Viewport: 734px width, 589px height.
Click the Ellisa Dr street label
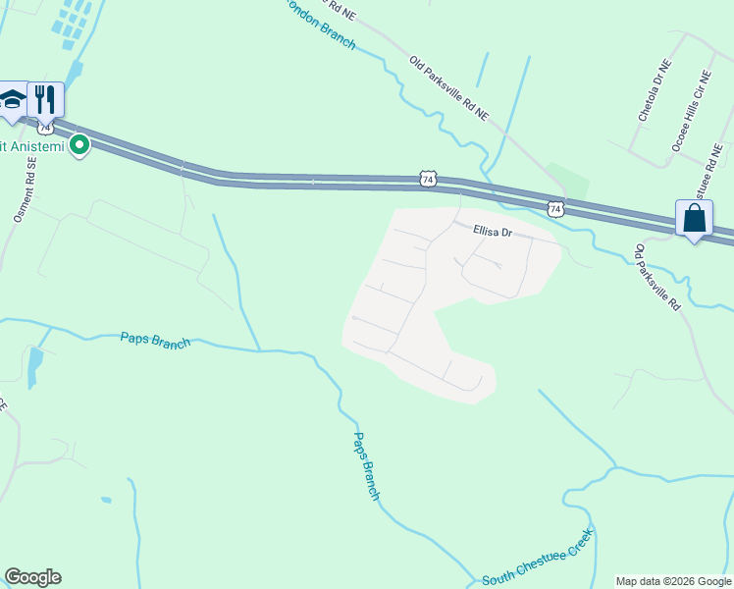(493, 232)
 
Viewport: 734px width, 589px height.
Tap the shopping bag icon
(694, 218)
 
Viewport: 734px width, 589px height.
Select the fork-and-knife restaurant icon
(45, 98)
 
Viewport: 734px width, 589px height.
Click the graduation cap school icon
(12, 100)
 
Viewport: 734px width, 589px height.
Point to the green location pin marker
(79, 146)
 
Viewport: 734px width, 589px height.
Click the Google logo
(32, 577)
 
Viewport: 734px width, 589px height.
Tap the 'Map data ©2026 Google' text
(674, 581)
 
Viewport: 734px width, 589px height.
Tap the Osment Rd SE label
(24, 191)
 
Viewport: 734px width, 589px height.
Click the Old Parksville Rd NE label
(448, 87)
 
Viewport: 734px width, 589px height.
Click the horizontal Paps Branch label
(155, 340)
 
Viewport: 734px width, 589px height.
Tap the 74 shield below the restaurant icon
(45, 128)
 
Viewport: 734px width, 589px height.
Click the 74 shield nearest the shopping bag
(555, 208)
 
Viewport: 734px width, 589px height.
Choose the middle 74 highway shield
(427, 179)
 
